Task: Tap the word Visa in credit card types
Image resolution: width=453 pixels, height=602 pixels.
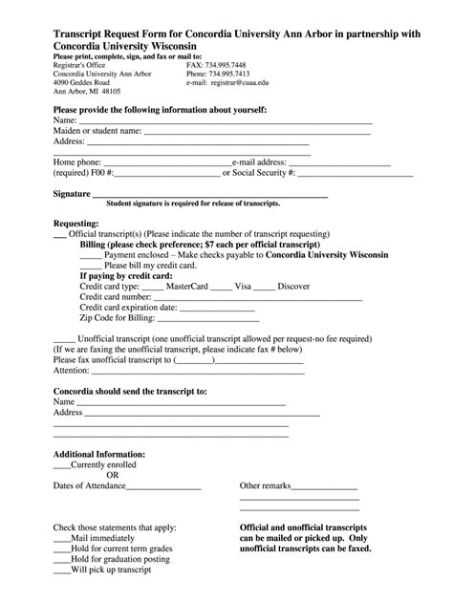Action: pos(243,286)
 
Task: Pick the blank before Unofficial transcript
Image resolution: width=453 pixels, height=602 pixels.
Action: pos(63,339)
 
